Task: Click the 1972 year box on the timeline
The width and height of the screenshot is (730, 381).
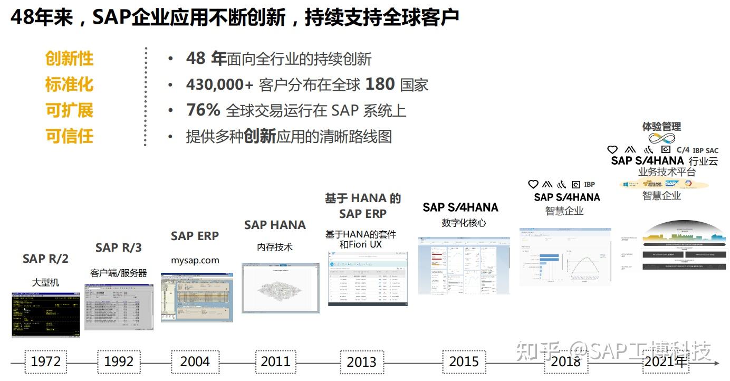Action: (x=46, y=362)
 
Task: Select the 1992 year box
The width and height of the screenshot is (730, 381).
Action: (x=119, y=362)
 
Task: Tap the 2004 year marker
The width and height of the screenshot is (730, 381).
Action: (x=195, y=362)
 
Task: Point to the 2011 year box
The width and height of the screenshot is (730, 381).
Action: (x=275, y=362)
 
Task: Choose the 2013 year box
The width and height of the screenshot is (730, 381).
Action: (x=361, y=362)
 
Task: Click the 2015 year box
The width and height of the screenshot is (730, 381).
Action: (x=464, y=362)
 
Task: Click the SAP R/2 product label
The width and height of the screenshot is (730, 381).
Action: (x=45, y=259)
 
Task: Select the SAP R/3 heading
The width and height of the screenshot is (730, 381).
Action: (x=119, y=247)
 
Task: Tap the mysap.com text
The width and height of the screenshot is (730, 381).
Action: (x=195, y=260)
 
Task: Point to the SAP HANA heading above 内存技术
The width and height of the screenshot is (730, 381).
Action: (x=275, y=225)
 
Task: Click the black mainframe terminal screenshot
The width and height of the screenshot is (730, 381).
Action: (x=46, y=315)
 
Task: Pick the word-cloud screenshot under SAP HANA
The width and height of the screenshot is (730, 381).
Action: (x=281, y=288)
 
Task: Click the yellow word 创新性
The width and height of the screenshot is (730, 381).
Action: (x=69, y=59)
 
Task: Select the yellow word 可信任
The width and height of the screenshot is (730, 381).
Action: (x=69, y=136)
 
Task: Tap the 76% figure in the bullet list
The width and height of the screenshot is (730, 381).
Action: (x=203, y=110)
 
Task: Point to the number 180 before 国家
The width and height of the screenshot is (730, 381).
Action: (x=380, y=84)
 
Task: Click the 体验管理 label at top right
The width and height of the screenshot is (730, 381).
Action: (x=661, y=127)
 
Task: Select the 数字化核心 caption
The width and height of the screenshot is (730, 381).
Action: (x=464, y=223)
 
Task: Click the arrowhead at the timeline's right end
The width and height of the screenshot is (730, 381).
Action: (x=716, y=363)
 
